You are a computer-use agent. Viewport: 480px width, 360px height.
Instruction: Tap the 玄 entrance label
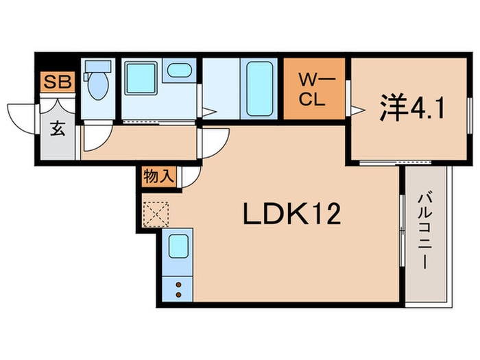[58, 129]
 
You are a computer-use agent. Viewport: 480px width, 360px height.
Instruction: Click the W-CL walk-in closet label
[315, 90]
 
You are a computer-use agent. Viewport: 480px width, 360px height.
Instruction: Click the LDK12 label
[291, 216]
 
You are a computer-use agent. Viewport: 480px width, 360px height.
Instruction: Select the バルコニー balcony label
[426, 232]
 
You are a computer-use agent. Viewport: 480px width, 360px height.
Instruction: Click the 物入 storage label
[158, 176]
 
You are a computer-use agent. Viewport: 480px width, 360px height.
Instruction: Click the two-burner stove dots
[179, 289]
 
